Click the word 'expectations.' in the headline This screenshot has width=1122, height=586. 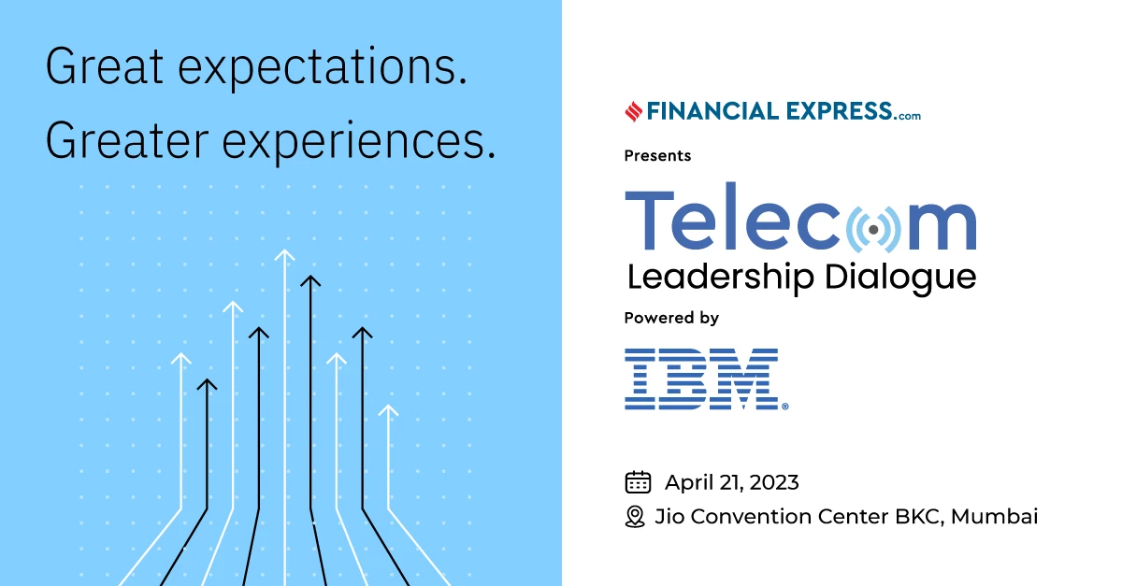coord(324,68)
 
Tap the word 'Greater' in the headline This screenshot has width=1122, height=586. coord(127,141)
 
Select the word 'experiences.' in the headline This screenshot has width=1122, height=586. coord(359,143)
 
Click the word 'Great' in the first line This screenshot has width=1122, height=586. coord(104,66)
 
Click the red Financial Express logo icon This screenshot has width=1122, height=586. coord(634,111)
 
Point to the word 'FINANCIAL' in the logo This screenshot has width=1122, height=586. coord(712,111)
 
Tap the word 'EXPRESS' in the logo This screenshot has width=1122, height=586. coord(840,111)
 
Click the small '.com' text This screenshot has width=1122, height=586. coord(907,116)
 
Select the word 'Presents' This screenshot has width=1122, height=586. coord(657,156)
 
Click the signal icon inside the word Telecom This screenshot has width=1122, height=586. coord(873,229)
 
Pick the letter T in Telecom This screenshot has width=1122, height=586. coord(649,221)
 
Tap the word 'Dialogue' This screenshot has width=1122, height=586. coord(900,278)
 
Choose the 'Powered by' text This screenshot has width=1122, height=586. coord(671,318)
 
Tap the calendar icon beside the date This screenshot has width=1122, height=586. coord(638,482)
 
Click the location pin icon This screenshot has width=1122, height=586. coord(635,517)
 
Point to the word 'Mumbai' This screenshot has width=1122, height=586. coord(994,517)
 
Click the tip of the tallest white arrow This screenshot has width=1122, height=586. coord(284,250)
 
